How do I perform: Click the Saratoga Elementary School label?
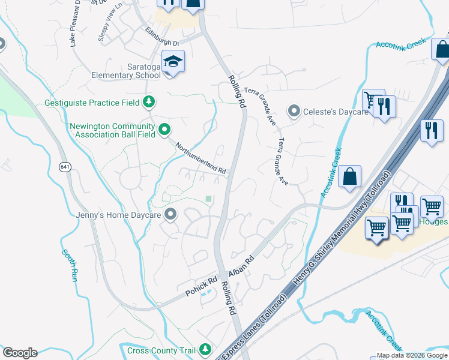(x=126, y=71)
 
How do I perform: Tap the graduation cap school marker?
(x=173, y=62)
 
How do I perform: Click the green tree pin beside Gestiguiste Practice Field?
(x=149, y=103)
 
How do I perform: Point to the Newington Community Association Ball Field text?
(x=113, y=130)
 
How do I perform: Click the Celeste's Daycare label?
(x=336, y=112)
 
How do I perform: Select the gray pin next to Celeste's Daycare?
(x=294, y=111)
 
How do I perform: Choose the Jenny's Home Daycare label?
(x=119, y=214)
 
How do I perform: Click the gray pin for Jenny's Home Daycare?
(x=171, y=214)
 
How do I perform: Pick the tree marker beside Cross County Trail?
(x=206, y=349)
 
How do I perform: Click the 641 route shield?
(x=65, y=166)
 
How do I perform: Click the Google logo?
(x=20, y=353)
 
